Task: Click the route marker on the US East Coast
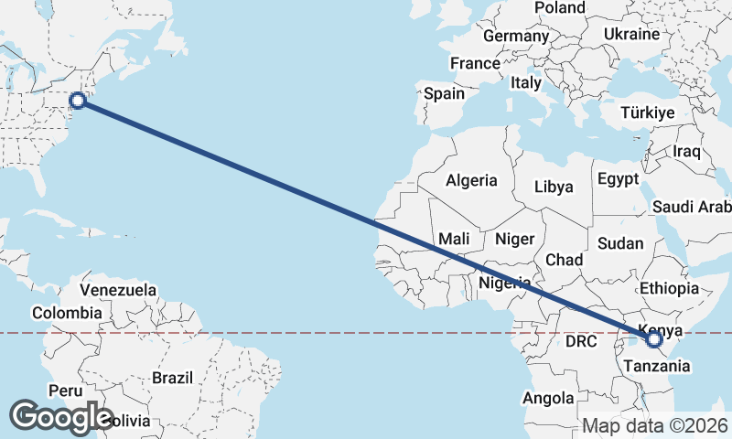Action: (78, 101)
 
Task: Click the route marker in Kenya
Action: (654, 339)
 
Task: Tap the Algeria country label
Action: (471, 180)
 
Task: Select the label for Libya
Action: (554, 187)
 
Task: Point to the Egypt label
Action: (619, 179)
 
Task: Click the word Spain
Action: (444, 93)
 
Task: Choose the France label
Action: (475, 64)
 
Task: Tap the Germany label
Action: (515, 37)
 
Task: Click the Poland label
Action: (559, 8)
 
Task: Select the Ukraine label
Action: (631, 34)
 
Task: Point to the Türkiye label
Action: (647, 112)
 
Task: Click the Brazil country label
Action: (173, 377)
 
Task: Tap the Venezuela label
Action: (118, 290)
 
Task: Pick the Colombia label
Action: (67, 313)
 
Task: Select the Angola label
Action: (548, 398)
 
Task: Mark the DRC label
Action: (580, 341)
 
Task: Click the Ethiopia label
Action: (669, 288)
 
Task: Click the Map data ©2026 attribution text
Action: (655, 426)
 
